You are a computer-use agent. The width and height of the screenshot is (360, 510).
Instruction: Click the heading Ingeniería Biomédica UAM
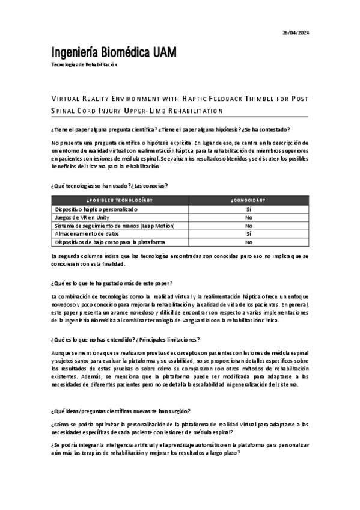[x=115, y=52]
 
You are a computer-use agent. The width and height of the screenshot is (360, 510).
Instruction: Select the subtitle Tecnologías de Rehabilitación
[x=85, y=64]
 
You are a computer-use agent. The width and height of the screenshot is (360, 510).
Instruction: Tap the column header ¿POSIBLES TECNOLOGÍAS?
[x=120, y=200]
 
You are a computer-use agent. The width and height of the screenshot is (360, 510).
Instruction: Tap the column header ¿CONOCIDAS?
[x=248, y=200]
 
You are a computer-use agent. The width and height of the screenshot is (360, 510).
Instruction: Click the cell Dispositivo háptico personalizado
[x=96, y=209]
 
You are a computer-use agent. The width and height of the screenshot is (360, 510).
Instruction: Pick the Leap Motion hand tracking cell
[x=115, y=226]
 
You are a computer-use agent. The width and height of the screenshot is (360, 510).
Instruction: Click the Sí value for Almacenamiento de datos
[x=248, y=233]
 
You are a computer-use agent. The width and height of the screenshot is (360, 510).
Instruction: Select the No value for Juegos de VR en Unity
[x=248, y=217]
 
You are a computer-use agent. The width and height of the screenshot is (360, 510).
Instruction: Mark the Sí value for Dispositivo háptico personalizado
[x=248, y=209]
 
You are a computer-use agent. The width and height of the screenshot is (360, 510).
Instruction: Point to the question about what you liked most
[x=112, y=283]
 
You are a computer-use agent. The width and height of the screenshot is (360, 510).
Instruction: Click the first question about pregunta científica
[x=171, y=129]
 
